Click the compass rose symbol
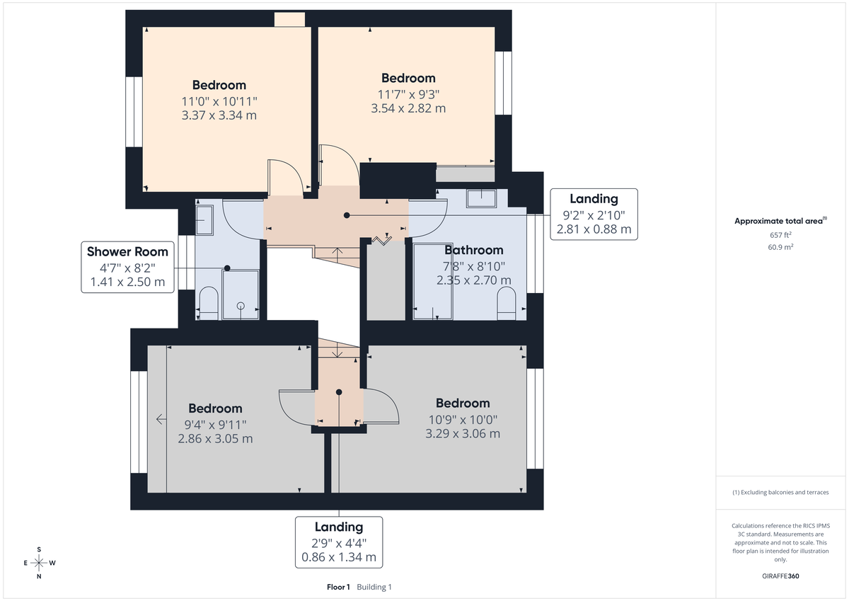[39, 563]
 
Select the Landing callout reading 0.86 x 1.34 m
[339, 542]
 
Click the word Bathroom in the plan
[473, 250]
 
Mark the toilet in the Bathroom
[507, 302]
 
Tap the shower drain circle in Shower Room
[241, 306]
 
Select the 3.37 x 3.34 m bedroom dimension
[219, 115]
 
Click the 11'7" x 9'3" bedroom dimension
[408, 93]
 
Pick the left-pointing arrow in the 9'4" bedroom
[161, 419]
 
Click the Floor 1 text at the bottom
[338, 587]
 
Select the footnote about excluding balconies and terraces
[780, 492]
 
